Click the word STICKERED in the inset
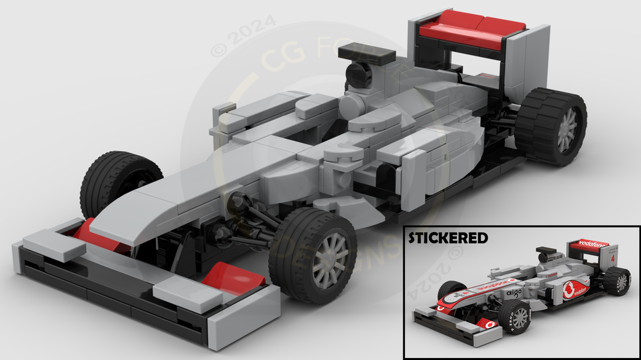(448, 238)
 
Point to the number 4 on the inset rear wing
(613, 259)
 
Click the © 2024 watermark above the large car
(244, 36)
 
